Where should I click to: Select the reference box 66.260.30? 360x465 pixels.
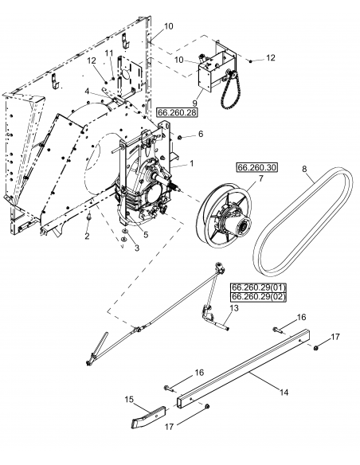tap(255, 168)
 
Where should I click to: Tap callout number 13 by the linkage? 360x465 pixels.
tap(235, 308)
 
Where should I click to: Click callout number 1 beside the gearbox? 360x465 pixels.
tap(191, 162)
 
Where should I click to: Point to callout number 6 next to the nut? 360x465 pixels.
tap(201, 134)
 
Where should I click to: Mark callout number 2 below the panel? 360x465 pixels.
tap(88, 236)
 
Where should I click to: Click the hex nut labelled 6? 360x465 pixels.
tap(180, 138)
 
